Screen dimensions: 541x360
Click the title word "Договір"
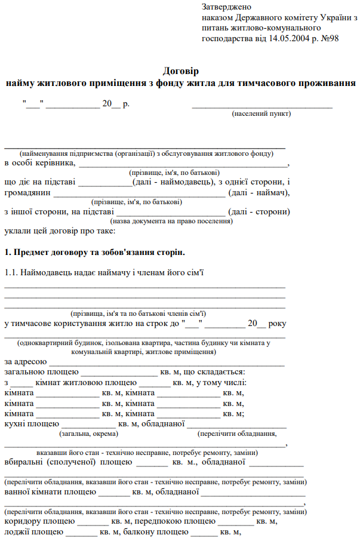(180, 70)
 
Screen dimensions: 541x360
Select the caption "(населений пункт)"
(261, 113)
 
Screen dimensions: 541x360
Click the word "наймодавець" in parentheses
(183, 182)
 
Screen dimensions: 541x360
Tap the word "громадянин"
(27, 192)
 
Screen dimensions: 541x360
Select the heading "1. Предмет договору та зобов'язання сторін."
(94, 252)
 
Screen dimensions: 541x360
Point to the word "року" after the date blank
(278, 323)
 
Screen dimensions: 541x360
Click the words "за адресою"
(25, 361)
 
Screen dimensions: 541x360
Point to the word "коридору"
(22, 521)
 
